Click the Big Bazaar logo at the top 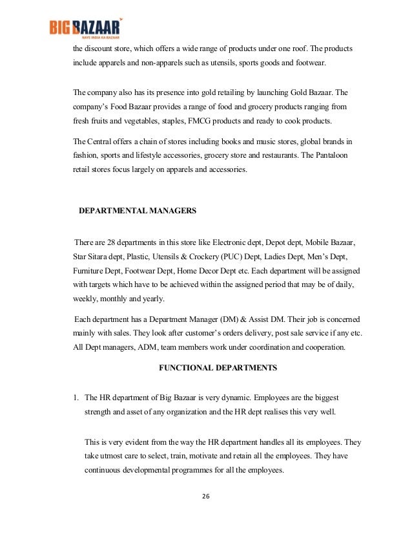tap(85, 29)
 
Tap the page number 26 tap(206, 496)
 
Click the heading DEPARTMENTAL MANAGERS tap(137, 210)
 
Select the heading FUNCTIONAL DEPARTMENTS tap(218, 368)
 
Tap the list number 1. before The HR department tap(76, 397)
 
